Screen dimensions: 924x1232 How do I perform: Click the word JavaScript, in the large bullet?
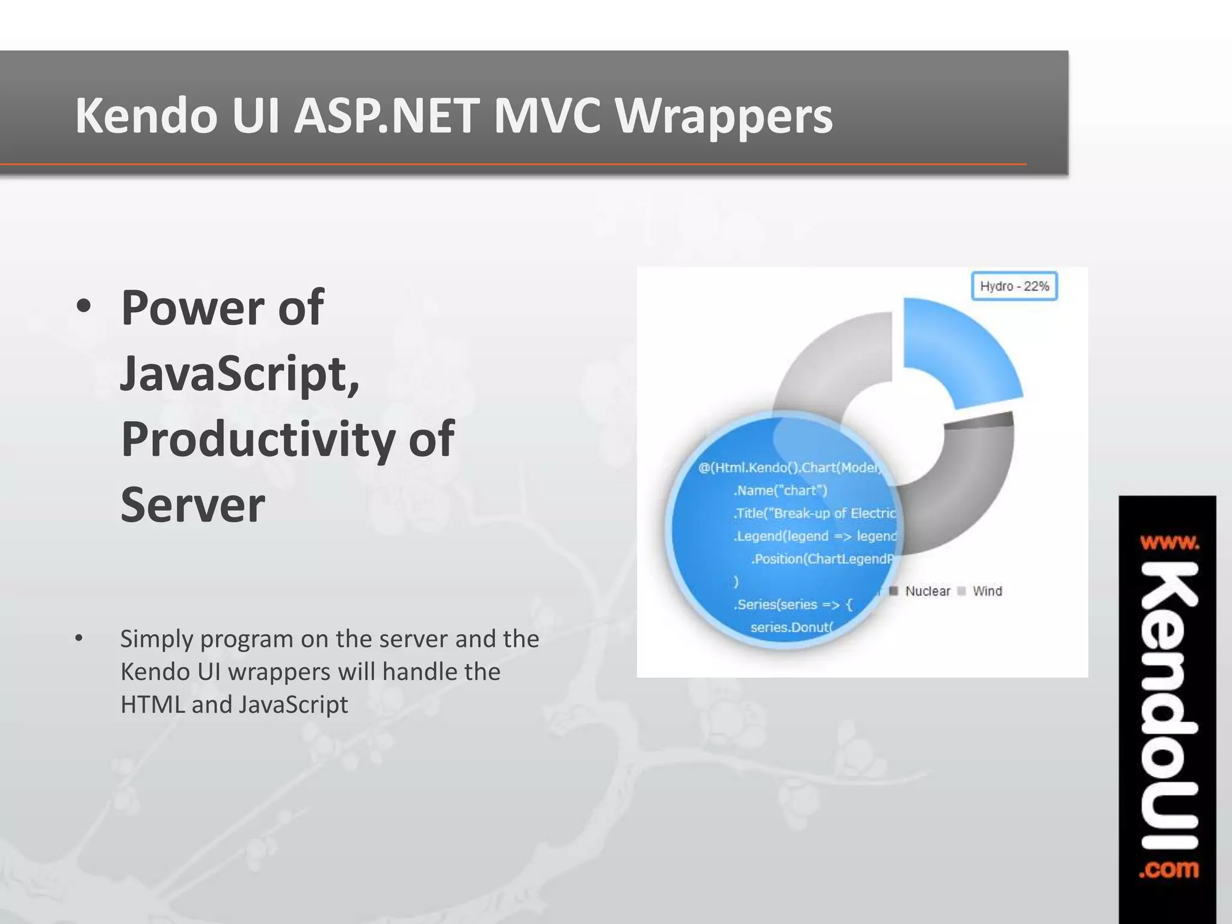(x=239, y=374)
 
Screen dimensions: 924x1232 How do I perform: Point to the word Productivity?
(x=257, y=439)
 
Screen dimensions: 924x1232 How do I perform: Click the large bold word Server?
(x=192, y=505)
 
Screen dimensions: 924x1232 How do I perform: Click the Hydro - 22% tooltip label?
(x=1014, y=286)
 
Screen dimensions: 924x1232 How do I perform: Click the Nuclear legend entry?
(x=927, y=591)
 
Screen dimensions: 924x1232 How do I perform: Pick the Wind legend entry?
(x=987, y=591)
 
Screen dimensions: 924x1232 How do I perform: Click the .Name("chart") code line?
(x=780, y=490)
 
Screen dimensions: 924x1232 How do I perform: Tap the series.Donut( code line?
(x=791, y=627)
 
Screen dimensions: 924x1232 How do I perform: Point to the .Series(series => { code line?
(x=792, y=605)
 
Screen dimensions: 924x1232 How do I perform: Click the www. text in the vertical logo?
(x=1169, y=543)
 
